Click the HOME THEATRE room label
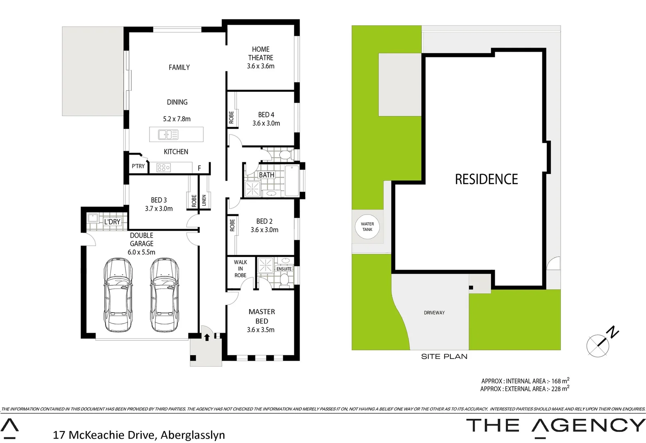261,53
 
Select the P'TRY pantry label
138,166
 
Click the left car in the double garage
118,294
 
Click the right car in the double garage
164,294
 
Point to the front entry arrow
207,337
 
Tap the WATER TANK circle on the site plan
367,227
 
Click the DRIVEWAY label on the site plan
434,313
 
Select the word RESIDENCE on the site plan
486,179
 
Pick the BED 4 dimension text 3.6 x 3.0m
266,123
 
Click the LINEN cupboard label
204,201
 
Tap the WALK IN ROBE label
241,269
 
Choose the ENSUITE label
284,269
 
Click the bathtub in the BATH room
292,180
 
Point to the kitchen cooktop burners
164,167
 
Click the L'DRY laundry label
112,222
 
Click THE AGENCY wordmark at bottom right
555,425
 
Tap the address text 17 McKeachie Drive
104,435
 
